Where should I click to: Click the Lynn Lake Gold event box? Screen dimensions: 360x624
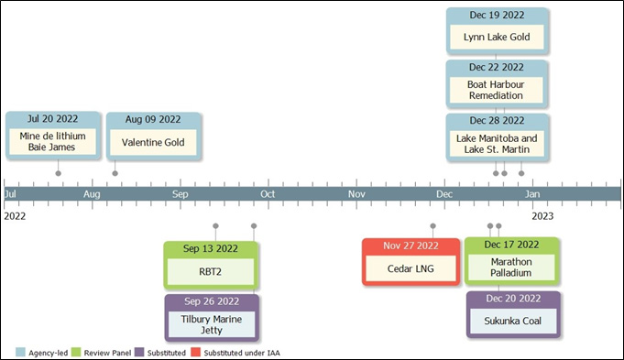497,38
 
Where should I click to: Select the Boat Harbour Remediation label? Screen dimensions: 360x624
497,89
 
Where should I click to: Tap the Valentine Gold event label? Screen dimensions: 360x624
154,143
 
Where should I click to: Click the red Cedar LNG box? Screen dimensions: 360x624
411,268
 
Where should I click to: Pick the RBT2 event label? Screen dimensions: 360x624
212,271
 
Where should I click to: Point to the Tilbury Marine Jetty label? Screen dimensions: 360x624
212,322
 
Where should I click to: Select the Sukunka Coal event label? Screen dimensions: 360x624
512,322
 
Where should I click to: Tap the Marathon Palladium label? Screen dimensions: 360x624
510,267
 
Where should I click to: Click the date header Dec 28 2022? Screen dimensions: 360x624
497,120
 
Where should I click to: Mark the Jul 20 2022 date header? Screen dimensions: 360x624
54,119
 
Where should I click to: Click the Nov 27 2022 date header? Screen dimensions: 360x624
411,245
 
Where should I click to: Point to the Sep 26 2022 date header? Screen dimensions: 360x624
212,300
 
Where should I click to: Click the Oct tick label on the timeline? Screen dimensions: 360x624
268,194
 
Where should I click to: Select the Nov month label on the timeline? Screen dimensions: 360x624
357,194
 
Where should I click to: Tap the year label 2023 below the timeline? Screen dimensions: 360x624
542,216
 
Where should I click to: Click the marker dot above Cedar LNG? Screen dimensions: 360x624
432,225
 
